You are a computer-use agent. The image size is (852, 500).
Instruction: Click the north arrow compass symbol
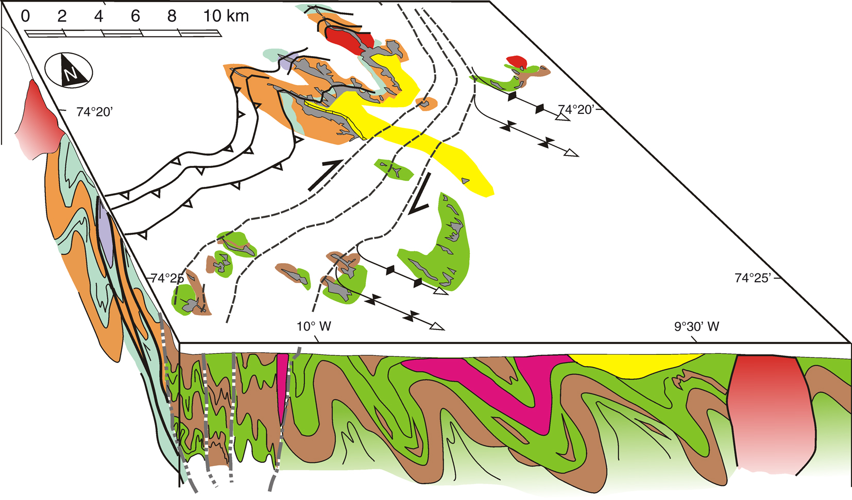pos(69,71)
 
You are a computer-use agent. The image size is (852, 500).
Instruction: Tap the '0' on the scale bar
pos(25,16)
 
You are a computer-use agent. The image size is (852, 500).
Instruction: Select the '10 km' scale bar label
pos(226,16)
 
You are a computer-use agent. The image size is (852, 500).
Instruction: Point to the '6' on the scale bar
pos(135,16)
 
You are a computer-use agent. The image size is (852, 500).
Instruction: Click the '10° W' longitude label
pos(314,326)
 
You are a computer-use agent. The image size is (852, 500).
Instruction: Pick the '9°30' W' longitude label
pos(697,326)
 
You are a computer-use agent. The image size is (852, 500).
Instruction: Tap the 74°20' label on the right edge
pos(576,110)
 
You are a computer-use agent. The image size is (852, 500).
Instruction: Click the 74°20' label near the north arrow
pos(94,112)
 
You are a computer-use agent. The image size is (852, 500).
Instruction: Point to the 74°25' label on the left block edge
pos(167,278)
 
